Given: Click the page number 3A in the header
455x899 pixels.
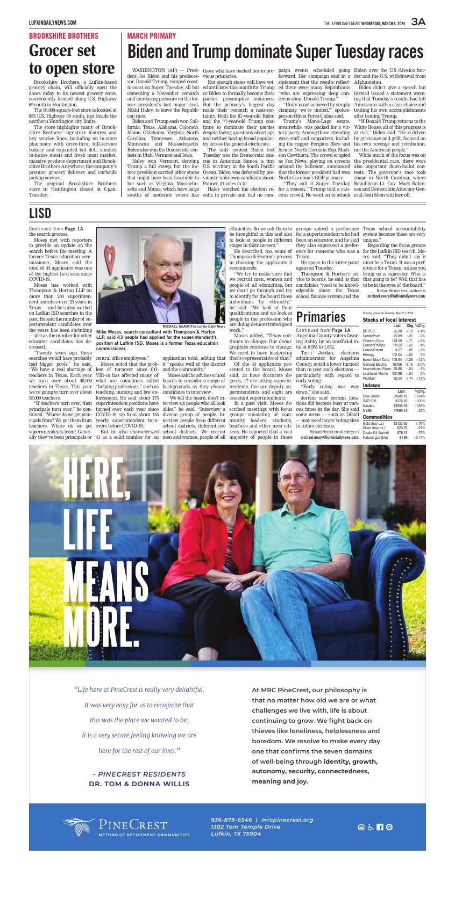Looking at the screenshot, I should (418, 22).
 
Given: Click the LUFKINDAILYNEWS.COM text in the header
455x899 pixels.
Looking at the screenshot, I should (52, 23).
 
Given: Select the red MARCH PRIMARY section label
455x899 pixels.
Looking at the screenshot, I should (151, 36).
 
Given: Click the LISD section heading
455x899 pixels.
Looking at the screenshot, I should (40, 214).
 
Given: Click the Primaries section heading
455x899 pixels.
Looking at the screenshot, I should (321, 317).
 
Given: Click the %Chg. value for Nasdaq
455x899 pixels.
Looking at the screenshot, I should (420, 405).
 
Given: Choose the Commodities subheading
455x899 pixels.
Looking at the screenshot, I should (377, 417).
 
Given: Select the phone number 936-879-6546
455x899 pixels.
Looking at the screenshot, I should (232, 820).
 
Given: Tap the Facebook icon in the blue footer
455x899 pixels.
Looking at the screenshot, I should (380, 827).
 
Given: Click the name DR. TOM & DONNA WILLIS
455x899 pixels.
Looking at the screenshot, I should (139, 784).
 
